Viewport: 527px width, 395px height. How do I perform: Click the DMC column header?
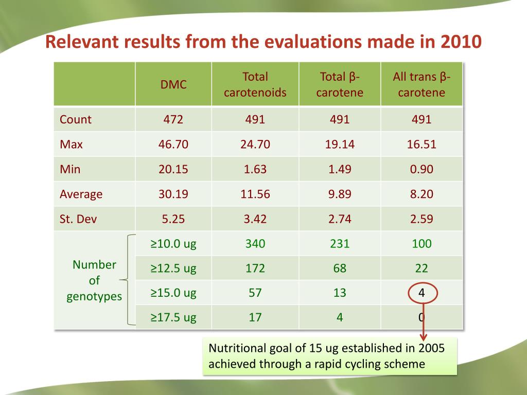coord(173,85)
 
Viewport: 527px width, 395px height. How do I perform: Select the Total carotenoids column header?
coord(255,85)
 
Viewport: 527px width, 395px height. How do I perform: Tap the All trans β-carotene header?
coord(421,85)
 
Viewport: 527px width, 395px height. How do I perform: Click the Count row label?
coord(76,119)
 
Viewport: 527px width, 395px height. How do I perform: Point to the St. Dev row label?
coord(78,219)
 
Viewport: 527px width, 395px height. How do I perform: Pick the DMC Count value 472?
coord(173,119)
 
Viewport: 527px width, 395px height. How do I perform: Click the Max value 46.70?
coord(173,144)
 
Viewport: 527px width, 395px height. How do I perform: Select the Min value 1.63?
coord(255,169)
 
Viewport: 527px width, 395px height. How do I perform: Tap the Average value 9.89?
coord(340,194)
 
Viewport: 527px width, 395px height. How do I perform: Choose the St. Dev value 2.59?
coord(421,219)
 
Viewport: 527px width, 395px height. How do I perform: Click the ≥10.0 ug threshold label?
coord(173,243)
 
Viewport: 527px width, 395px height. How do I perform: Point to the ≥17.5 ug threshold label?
coord(173,317)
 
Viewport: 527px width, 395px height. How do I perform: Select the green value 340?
coord(255,243)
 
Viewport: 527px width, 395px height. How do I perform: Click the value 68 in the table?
coord(340,268)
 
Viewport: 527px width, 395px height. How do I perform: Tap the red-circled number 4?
coord(421,293)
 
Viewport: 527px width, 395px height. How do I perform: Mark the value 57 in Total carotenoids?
coord(255,293)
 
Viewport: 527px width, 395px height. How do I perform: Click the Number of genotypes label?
coord(94,280)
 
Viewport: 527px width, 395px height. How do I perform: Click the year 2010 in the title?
coord(461,41)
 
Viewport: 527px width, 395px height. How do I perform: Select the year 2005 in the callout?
coord(431,348)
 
